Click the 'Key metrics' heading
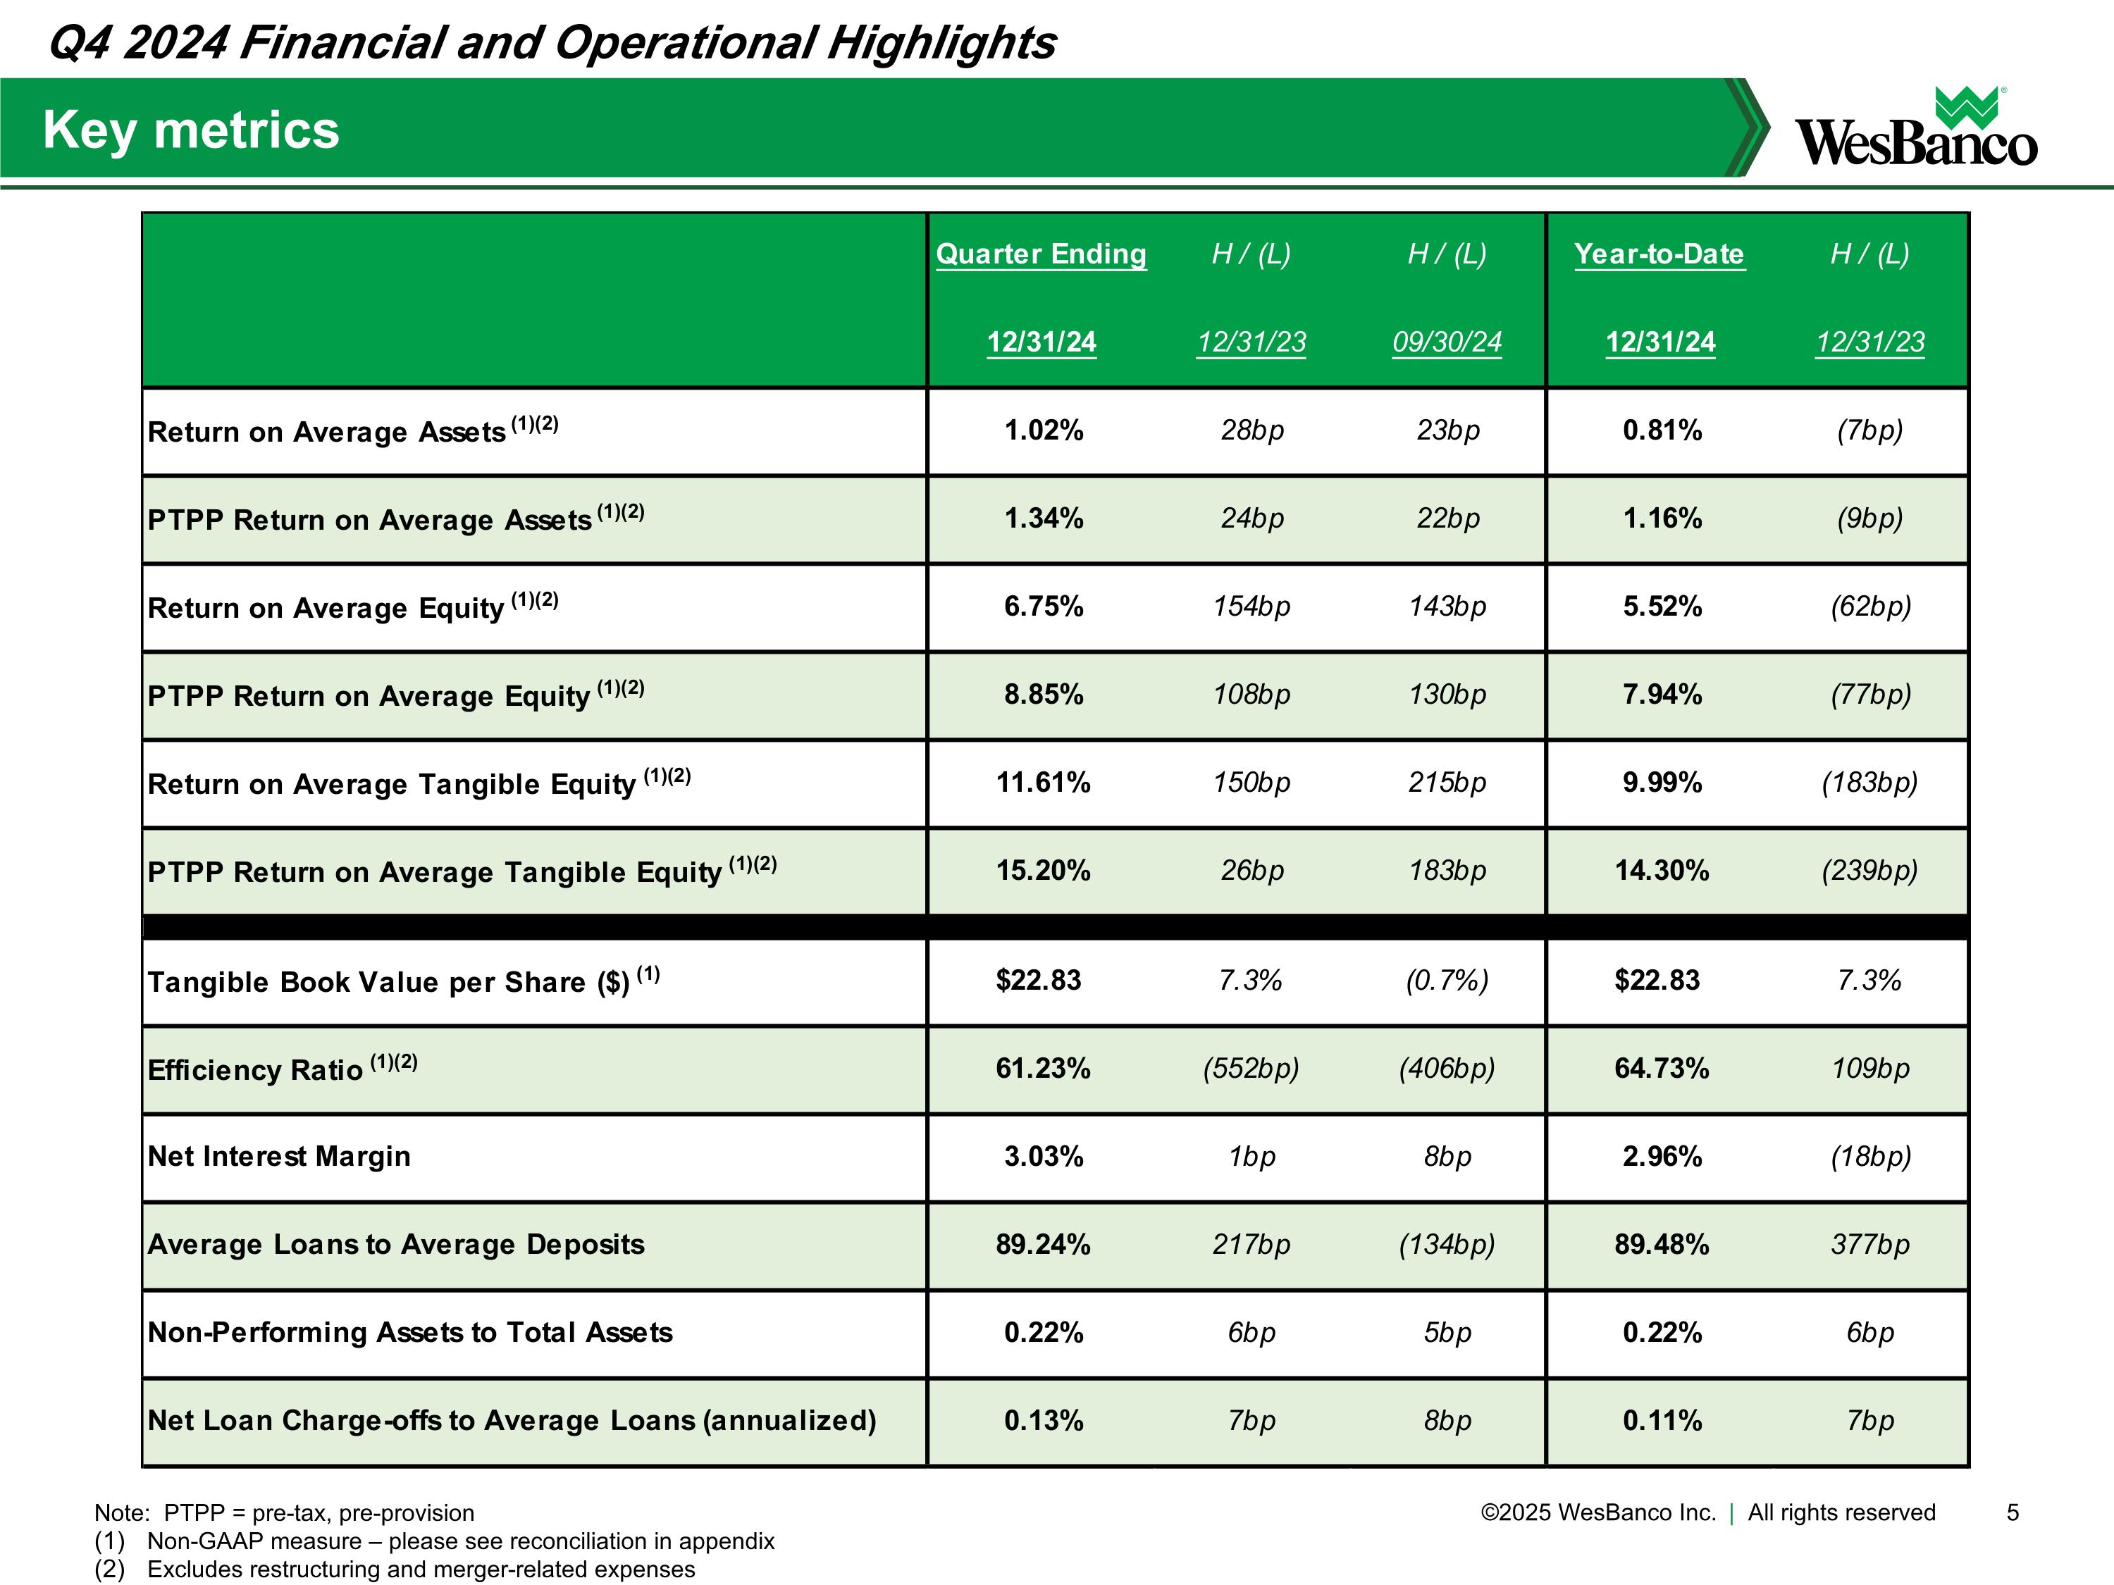[191, 130]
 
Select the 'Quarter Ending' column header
[1041, 254]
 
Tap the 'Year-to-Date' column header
[1659, 254]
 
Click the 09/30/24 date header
[1447, 342]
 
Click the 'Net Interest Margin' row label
[279, 1157]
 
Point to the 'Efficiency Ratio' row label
[255, 1070]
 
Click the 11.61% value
[1044, 783]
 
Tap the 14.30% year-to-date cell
[1662, 871]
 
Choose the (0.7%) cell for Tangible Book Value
[1447, 981]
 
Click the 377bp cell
[1870, 1245]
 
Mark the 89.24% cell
[1044, 1245]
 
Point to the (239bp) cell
[1870, 871]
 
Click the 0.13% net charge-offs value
[1044, 1422]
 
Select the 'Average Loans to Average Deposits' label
[395, 1245]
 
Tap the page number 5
[2013, 1512]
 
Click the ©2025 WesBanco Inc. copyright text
[1598, 1512]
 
